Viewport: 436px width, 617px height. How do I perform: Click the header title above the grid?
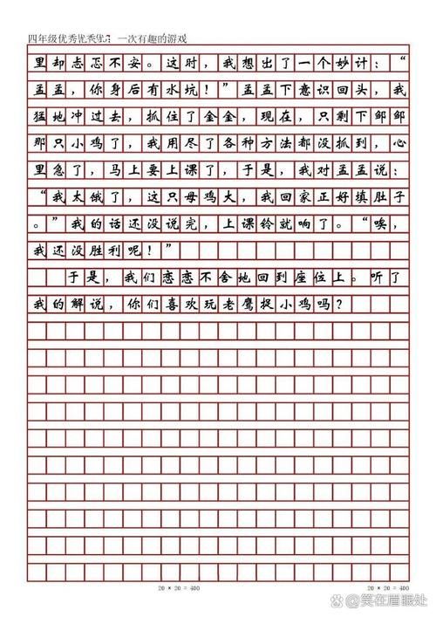(108, 38)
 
